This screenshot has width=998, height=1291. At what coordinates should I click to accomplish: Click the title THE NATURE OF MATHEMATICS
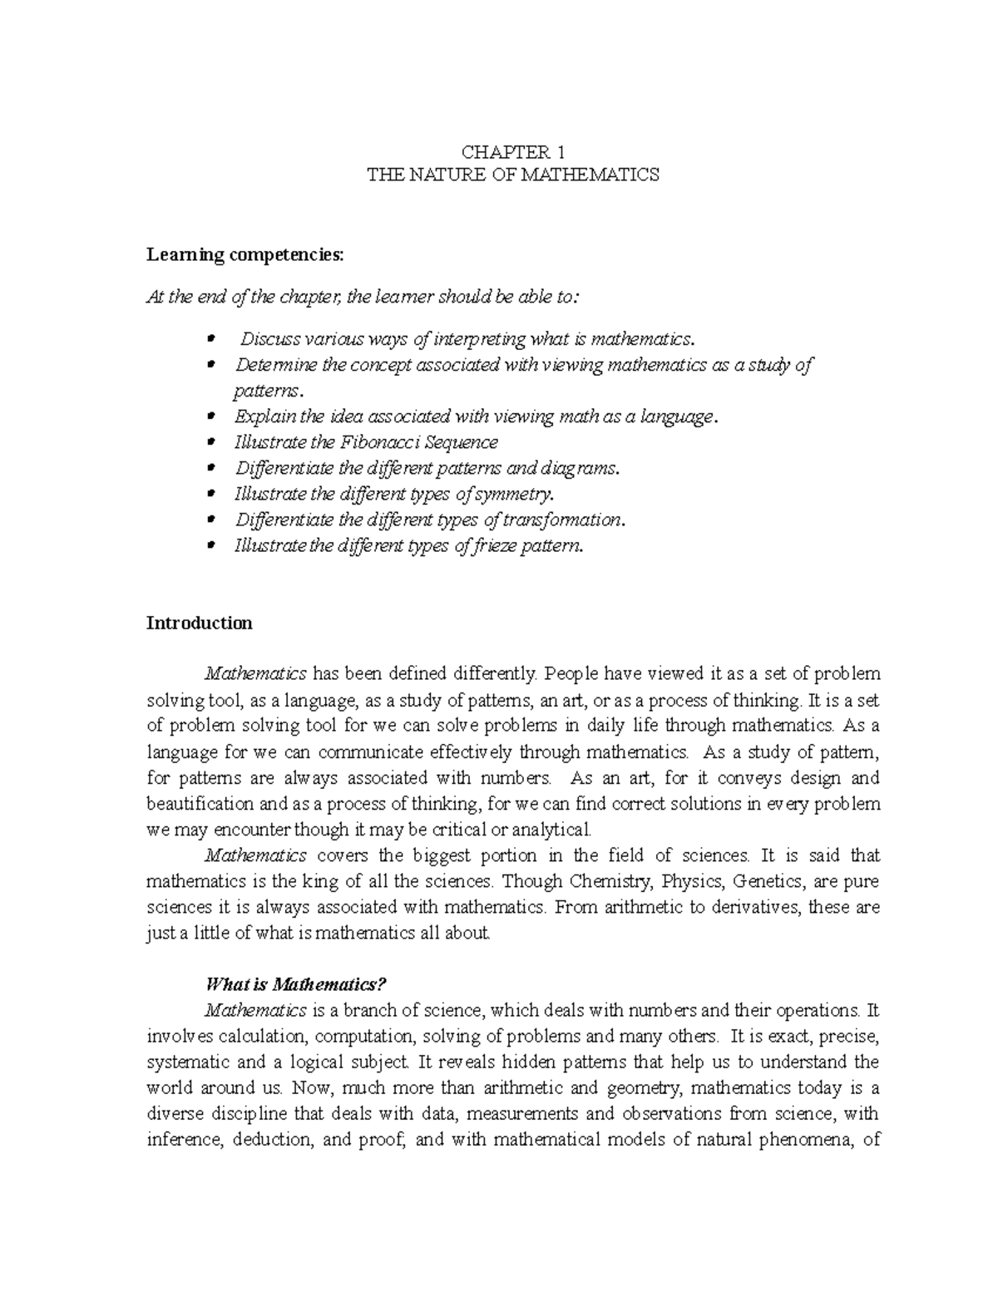513,175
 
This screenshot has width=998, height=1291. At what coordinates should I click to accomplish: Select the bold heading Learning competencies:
245,255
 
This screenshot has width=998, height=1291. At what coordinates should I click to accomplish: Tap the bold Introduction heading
199,623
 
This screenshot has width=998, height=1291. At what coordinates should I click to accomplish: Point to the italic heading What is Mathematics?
296,985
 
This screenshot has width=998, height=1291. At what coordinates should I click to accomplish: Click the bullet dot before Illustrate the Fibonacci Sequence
211,442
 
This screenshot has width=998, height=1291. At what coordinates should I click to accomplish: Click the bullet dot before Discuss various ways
211,338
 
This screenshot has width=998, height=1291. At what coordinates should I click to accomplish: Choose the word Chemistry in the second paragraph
611,881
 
